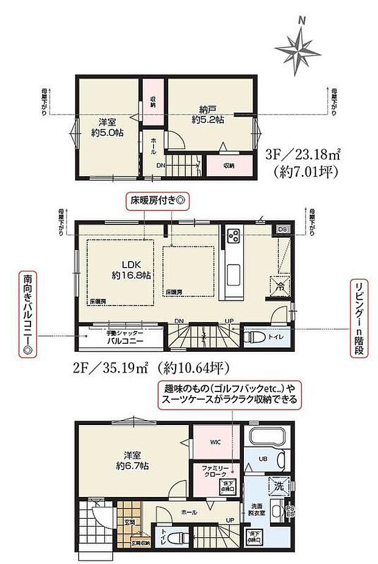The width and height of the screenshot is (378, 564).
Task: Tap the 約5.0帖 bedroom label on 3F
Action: pos(104,127)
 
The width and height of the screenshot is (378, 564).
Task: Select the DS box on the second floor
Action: pos(282,229)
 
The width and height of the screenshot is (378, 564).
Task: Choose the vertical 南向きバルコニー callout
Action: pos(27,313)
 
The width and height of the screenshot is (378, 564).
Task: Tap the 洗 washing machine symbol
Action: pos(277,488)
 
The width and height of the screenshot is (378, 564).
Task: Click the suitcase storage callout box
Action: pos(230,394)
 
